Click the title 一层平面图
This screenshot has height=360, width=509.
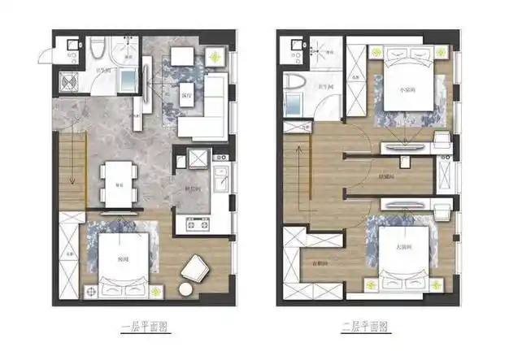tap(148, 327)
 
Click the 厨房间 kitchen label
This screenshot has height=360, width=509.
tap(193, 186)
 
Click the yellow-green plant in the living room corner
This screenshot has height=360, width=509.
tap(215, 57)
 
